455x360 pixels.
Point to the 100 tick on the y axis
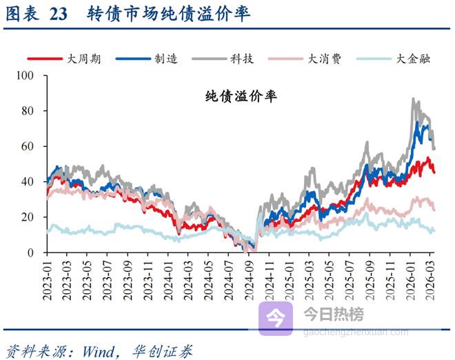(32, 75)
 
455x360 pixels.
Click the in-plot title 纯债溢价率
(241, 97)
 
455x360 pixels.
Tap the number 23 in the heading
(59, 14)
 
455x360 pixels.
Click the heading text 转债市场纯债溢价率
(169, 14)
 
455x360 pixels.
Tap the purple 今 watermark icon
(276, 318)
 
